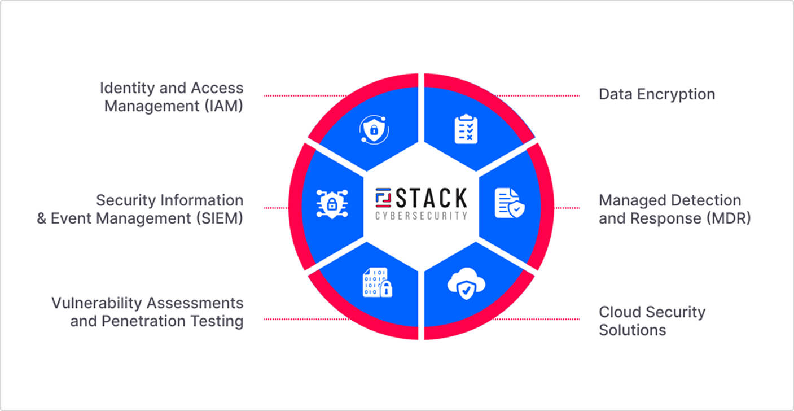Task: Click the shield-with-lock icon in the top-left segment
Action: click(x=374, y=129)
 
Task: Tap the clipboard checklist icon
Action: click(x=466, y=129)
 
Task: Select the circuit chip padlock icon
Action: click(x=332, y=204)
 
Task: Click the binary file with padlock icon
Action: click(x=377, y=282)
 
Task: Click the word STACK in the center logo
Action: click(x=431, y=198)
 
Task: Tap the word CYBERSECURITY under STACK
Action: click(x=421, y=215)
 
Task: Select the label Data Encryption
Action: click(x=656, y=94)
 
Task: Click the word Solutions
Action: click(x=632, y=330)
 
